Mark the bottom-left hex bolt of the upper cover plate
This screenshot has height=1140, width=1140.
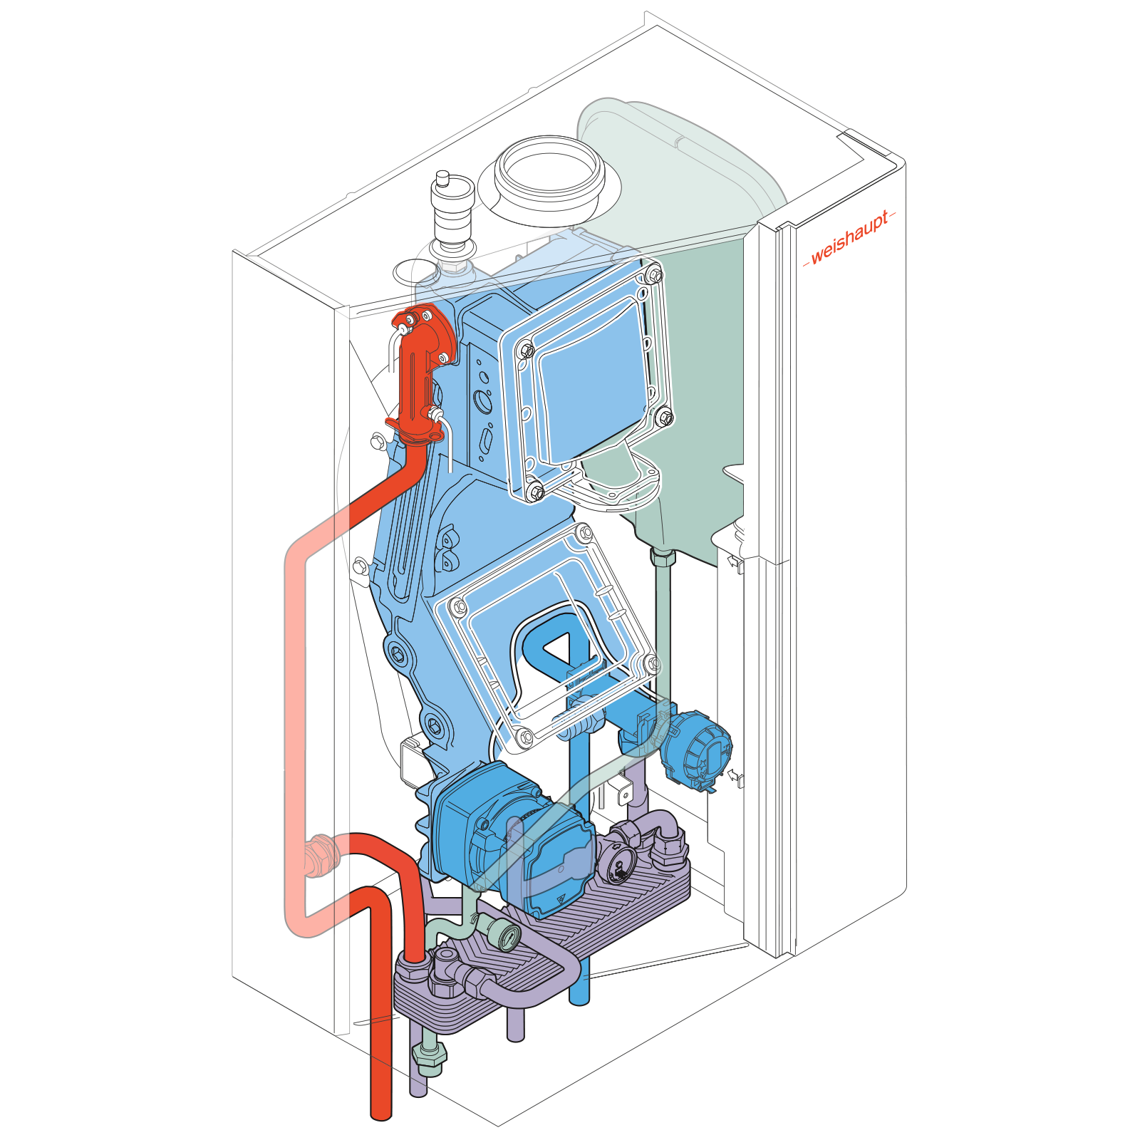[536, 490]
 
